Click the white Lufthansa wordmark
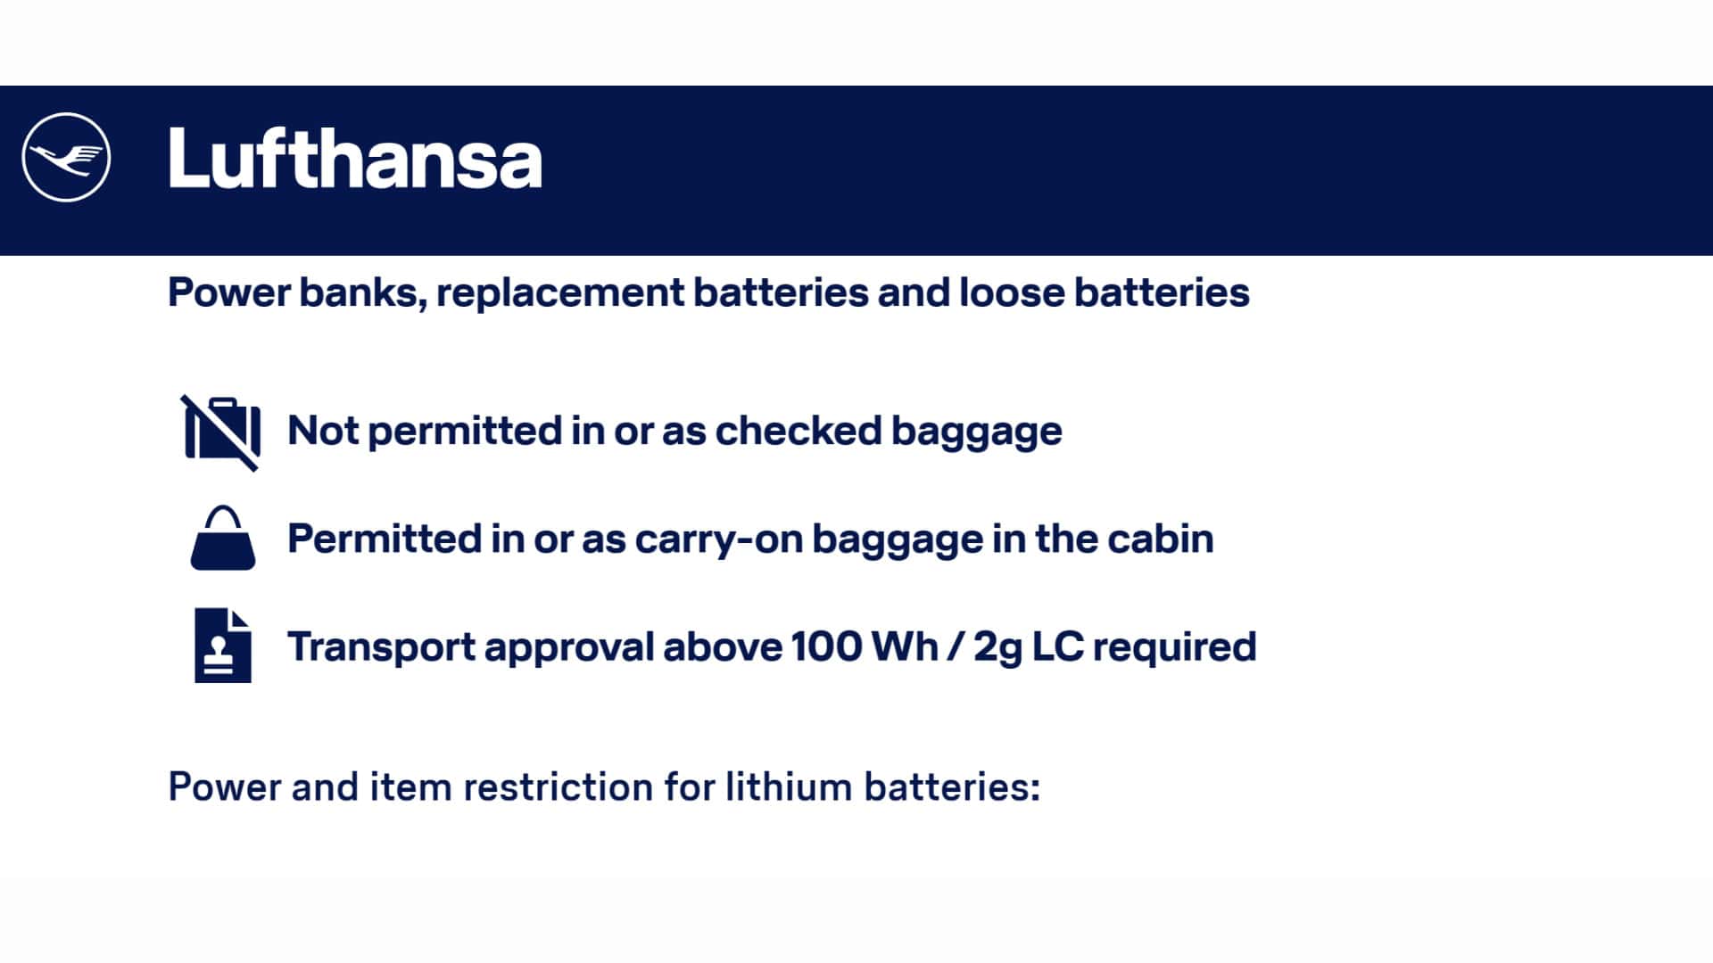tap(355, 158)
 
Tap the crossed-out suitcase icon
tap(221, 432)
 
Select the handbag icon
tap(223, 539)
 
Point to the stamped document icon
tap(223, 646)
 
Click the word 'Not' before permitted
tap(323, 431)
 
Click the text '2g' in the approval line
tap(997, 649)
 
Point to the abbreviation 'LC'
tap(1058, 647)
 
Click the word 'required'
tap(1175, 648)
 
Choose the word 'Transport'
tap(381, 648)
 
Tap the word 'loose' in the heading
tap(1012, 292)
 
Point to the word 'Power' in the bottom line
tap(225, 787)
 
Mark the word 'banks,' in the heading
tap(363, 293)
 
